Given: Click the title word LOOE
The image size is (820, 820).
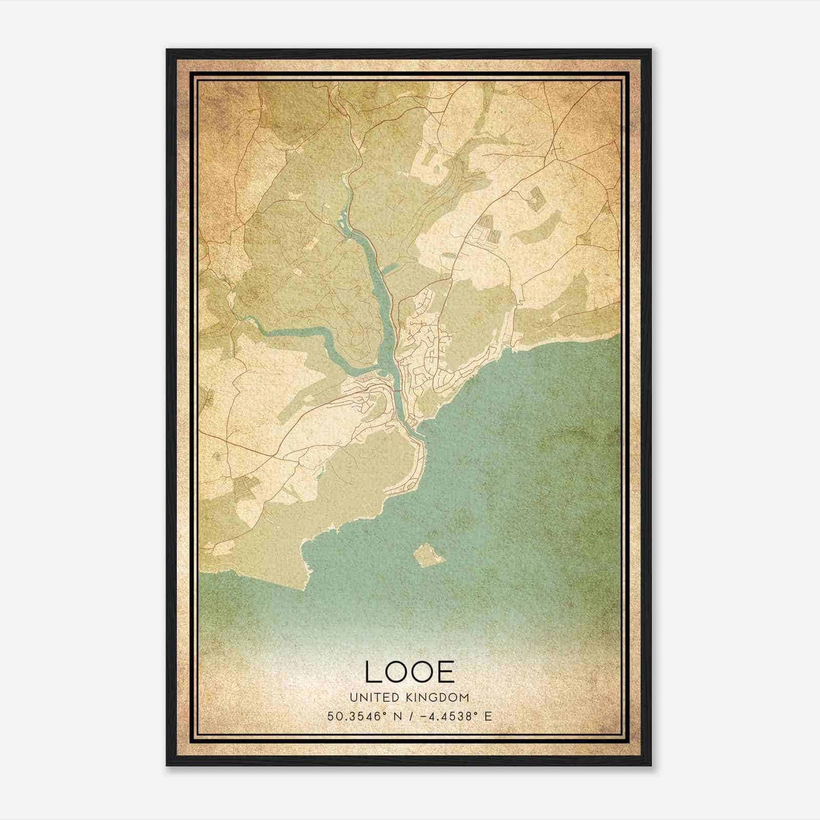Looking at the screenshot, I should [x=409, y=672].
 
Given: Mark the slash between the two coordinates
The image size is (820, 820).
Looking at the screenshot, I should [x=411, y=716].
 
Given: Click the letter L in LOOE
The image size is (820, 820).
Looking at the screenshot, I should [x=373, y=672].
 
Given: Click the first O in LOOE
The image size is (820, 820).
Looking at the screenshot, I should [x=396, y=672].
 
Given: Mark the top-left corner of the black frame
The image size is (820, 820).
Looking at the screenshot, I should [x=167, y=50].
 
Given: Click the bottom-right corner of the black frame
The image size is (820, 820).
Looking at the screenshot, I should [x=651, y=766].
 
